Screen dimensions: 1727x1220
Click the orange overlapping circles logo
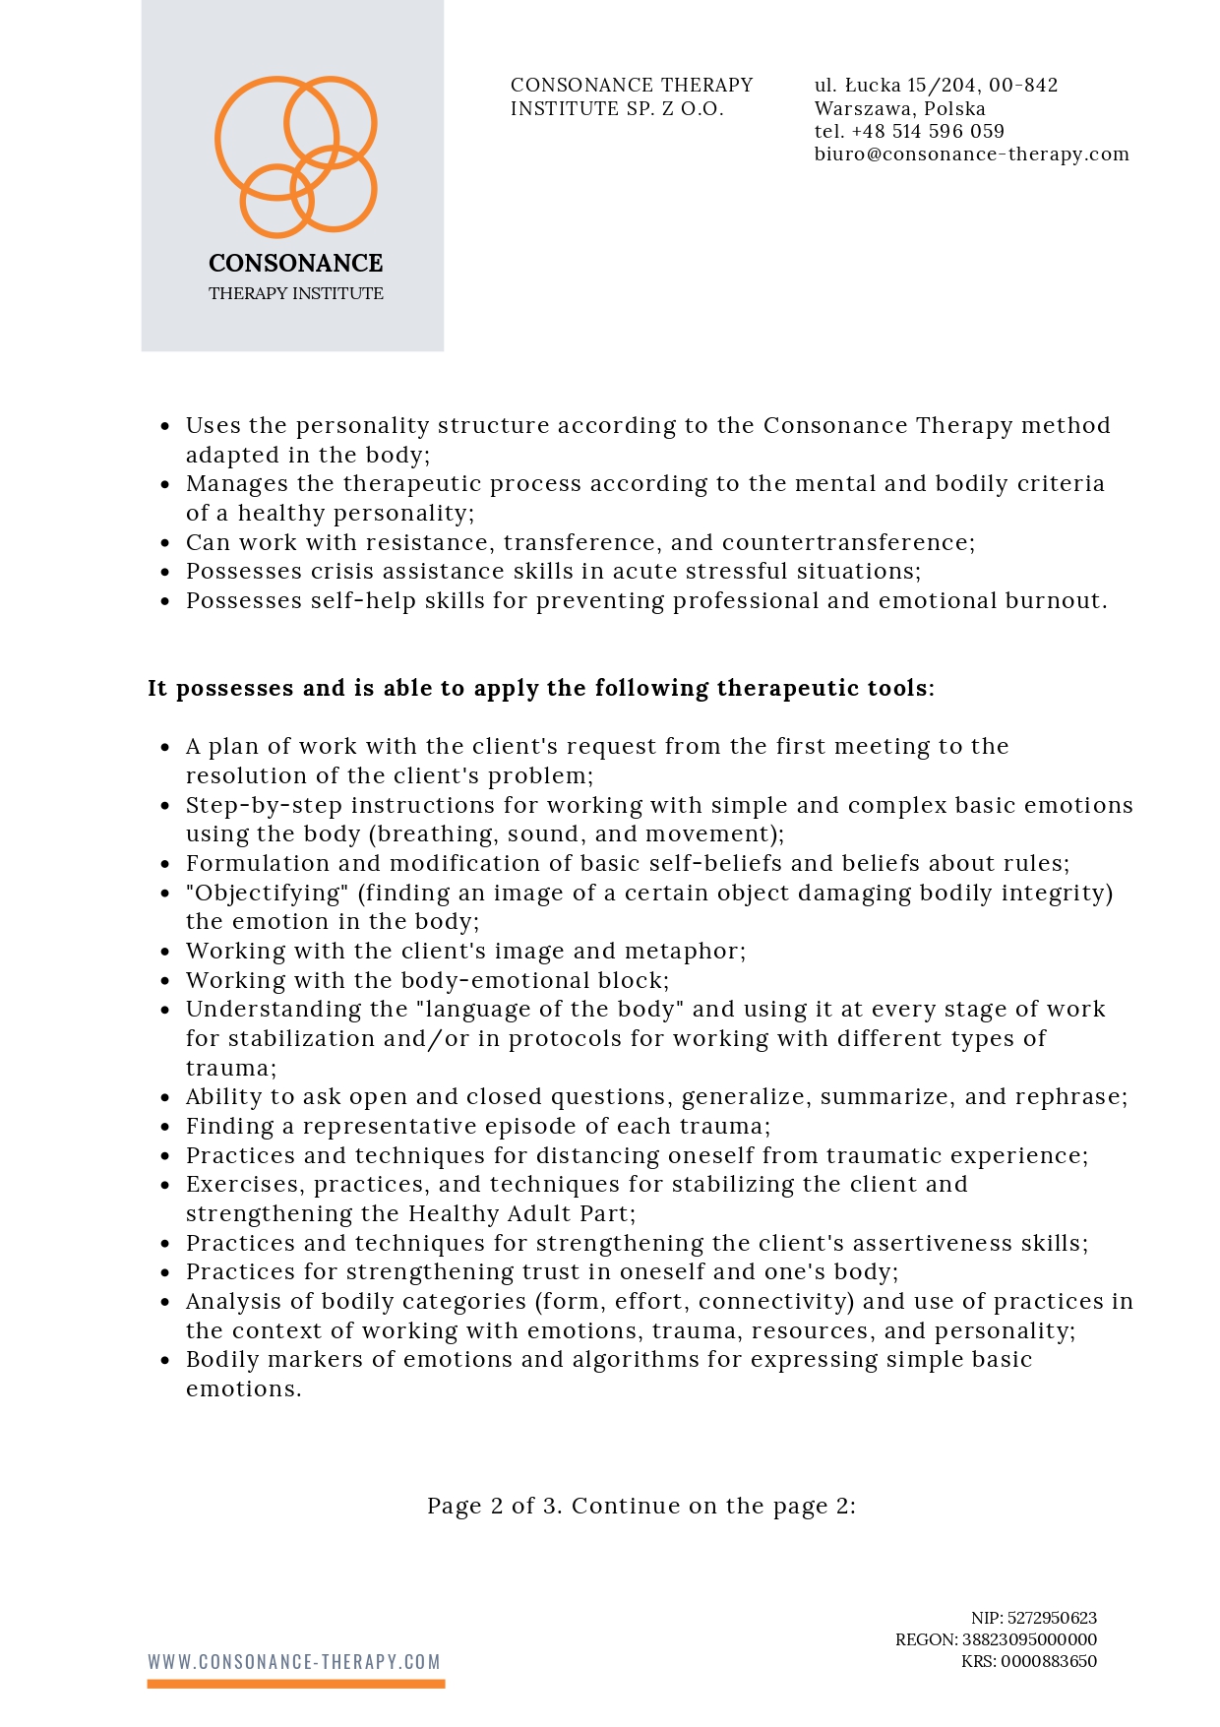[x=296, y=156]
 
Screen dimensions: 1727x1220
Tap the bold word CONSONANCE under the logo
[x=296, y=263]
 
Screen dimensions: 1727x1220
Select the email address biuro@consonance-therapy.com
[x=971, y=154]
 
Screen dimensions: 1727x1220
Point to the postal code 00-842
[x=1023, y=85]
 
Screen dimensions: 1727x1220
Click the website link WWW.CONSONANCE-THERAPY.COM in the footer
[x=294, y=1661]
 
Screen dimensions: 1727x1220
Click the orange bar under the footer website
[x=296, y=1684]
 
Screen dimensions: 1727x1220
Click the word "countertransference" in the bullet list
[x=846, y=542]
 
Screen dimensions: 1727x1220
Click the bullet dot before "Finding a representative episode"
[x=165, y=1127]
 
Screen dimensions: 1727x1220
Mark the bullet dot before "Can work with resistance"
[x=165, y=543]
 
